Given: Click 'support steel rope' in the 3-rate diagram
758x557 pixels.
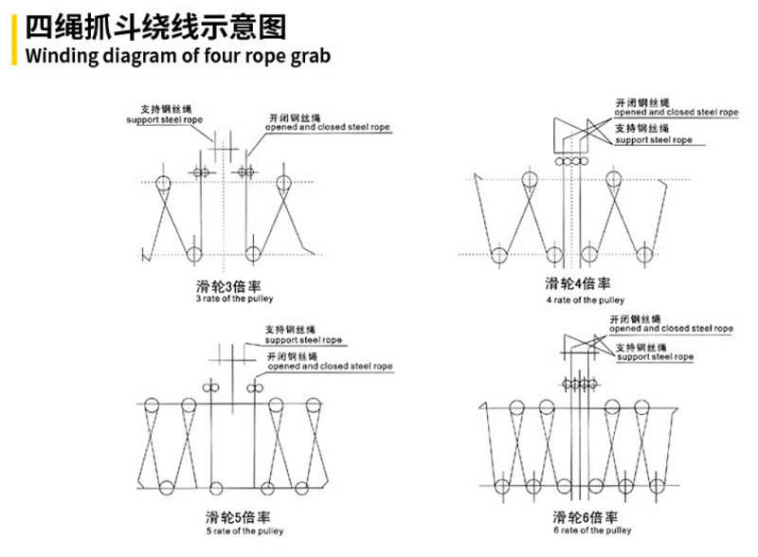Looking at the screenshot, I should pyautogui.click(x=165, y=121).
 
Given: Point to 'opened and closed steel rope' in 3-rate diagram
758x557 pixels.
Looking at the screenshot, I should pyautogui.click(x=326, y=126).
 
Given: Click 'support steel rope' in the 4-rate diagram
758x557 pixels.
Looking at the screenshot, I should pyautogui.click(x=653, y=139).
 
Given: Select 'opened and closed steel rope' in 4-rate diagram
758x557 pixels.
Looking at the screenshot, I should pyautogui.click(x=676, y=111).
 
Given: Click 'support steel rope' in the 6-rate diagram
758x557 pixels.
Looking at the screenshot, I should pyautogui.click(x=655, y=357).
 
